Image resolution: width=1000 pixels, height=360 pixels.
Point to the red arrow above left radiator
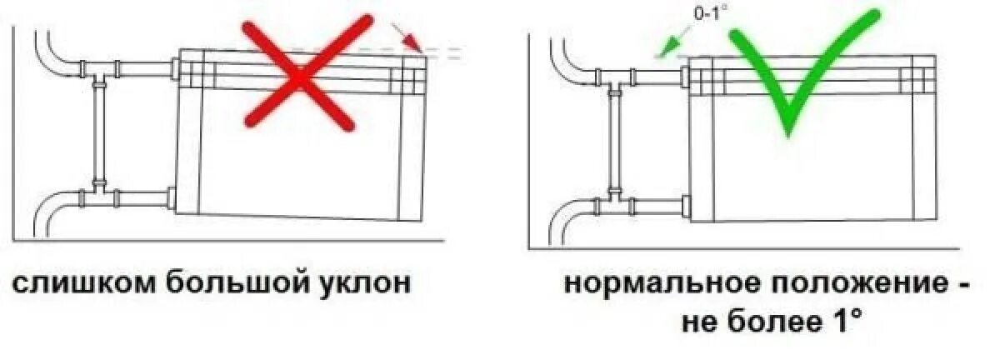406,35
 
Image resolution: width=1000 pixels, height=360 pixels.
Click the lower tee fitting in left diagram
99,197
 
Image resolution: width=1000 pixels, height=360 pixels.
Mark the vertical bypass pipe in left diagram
100,133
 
